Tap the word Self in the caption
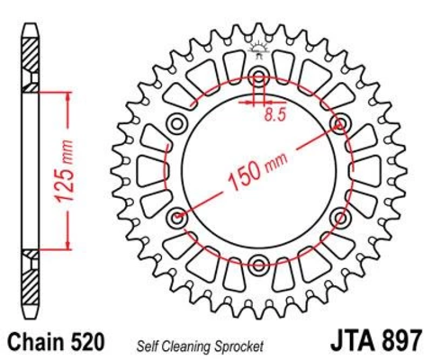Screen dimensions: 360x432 [148, 345]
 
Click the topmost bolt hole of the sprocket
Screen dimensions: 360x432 [259, 75]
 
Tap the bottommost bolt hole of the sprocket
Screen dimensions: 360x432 [259, 264]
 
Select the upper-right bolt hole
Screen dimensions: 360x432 [341, 121]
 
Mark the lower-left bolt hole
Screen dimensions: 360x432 [177, 216]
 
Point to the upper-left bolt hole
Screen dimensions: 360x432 [177, 121]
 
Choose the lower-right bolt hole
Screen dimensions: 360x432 [341, 216]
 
